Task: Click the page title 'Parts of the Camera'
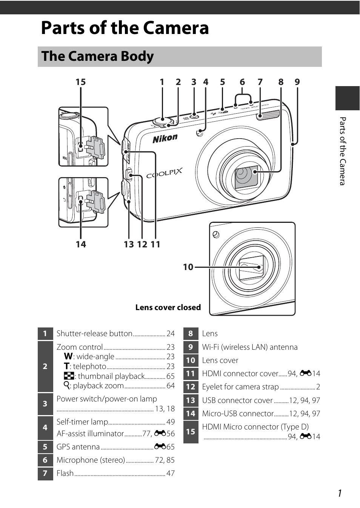click(x=125, y=28)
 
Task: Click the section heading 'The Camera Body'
click(x=97, y=56)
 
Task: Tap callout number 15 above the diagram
click(x=80, y=82)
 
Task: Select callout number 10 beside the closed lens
click(x=188, y=267)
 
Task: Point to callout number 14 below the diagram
click(x=81, y=244)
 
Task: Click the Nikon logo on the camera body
click(x=165, y=139)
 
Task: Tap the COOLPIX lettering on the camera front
click(x=164, y=174)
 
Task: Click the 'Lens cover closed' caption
click(x=168, y=307)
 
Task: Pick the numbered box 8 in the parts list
click(x=191, y=334)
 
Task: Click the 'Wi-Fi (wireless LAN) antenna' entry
click(x=249, y=347)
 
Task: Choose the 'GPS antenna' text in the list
click(x=78, y=447)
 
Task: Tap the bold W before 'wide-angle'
click(x=68, y=356)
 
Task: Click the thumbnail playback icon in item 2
click(x=69, y=376)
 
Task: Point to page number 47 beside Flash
click(x=171, y=473)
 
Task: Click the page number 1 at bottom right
click(x=340, y=493)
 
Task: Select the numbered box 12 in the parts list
click(x=191, y=387)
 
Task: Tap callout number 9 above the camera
click(x=297, y=82)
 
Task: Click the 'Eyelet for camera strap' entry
click(x=240, y=387)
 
